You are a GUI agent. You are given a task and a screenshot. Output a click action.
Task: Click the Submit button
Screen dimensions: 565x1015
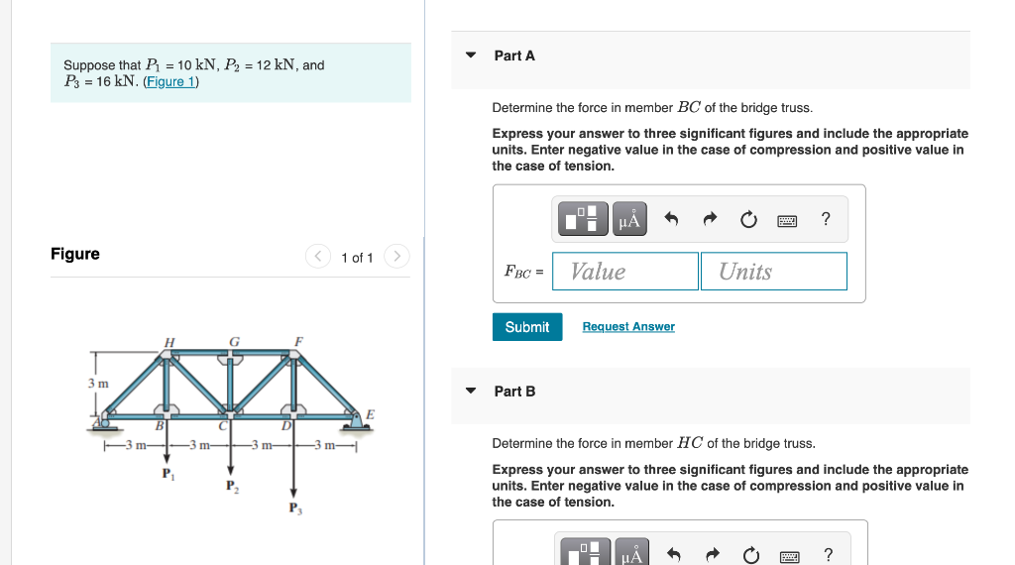tap(526, 327)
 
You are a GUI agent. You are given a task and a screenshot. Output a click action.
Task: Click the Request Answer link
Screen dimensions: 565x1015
tap(628, 327)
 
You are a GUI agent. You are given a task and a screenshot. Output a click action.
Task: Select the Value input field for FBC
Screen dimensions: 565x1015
tap(625, 272)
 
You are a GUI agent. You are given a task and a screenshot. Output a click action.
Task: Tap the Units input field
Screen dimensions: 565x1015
tap(773, 272)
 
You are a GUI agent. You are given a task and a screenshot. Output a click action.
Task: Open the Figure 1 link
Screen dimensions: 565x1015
tap(171, 82)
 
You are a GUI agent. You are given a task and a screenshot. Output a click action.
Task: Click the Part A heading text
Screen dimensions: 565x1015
tap(514, 56)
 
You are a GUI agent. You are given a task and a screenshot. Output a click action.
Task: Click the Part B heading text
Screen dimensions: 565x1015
tap(514, 392)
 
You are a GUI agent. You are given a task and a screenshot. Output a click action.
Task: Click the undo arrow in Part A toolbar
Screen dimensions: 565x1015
tap(671, 219)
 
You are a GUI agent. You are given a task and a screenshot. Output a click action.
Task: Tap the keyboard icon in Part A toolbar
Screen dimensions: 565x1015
tap(788, 219)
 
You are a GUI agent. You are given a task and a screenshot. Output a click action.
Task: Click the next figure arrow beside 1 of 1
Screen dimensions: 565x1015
tap(395, 258)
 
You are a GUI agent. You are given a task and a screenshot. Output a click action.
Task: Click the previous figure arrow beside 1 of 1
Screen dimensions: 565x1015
tap(318, 258)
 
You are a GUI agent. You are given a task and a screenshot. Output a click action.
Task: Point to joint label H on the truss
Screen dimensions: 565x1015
tap(169, 342)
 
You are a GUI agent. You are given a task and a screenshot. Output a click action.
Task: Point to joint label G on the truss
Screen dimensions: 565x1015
tap(234, 342)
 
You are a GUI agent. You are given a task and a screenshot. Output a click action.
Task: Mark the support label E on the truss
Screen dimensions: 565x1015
tap(371, 413)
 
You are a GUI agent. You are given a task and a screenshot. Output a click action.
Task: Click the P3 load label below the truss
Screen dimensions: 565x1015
tap(293, 508)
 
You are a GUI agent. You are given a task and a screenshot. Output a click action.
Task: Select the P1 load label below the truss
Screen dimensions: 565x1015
tap(167, 473)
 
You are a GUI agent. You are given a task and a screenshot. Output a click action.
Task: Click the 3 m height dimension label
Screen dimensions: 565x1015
tap(97, 383)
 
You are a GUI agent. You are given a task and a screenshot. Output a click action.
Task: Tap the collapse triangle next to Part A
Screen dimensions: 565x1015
tap(471, 56)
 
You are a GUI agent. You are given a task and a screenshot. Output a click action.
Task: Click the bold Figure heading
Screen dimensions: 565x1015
tap(75, 255)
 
